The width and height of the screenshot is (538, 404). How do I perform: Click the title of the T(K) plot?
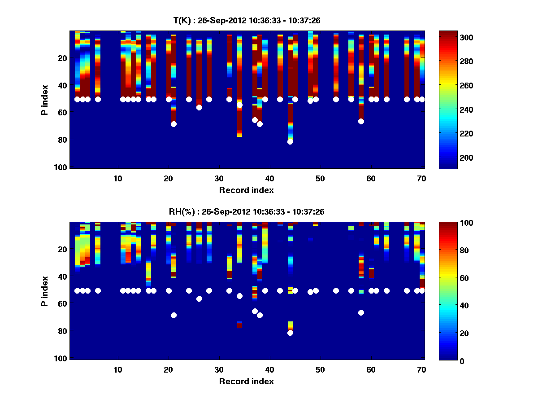pos(247,20)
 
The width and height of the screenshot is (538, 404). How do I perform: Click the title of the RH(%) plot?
pos(247,211)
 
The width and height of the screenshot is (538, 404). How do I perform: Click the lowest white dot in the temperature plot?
pos(290,141)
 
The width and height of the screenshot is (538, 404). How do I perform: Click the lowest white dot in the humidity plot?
pos(290,333)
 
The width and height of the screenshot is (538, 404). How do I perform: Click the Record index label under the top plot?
pos(247,190)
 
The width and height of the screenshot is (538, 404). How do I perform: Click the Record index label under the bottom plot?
pos(247,381)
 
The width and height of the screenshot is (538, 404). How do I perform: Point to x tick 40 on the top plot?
pos(269,178)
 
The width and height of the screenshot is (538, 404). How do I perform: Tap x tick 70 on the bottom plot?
pos(421,369)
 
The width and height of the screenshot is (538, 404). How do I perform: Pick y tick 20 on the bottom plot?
pos(62,249)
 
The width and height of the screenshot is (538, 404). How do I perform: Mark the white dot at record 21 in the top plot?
pos(174,124)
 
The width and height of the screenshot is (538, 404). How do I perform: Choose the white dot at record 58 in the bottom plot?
pos(361,312)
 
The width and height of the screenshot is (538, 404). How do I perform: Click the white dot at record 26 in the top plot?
pos(199,107)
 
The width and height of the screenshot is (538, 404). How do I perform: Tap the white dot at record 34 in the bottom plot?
pos(239,296)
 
